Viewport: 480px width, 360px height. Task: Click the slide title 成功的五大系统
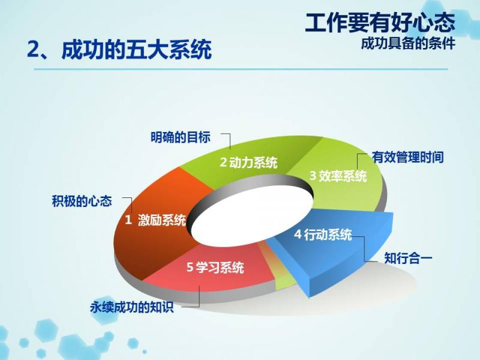coord(137,49)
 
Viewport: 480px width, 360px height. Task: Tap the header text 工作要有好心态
coord(380,23)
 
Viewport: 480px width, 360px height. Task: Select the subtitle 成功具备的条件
coord(408,43)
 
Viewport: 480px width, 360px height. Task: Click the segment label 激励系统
coord(162,220)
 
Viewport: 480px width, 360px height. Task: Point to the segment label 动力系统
coord(253,162)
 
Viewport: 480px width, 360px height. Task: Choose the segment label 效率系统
coord(343,176)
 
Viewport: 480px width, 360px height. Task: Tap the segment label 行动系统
coord(328,235)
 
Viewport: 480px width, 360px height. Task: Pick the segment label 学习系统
coord(220,267)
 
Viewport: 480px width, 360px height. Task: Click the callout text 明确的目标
coord(181,137)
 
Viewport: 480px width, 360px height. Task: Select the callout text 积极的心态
coord(82,201)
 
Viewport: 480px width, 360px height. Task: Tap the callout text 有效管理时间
coord(408,157)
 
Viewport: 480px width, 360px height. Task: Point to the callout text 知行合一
coord(408,258)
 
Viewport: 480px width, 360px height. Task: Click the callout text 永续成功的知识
coord(132,307)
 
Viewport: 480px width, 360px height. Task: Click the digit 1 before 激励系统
coord(128,220)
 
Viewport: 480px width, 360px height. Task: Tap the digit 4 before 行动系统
coord(298,235)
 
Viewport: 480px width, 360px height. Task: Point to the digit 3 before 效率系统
coord(313,176)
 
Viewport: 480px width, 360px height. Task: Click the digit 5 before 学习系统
coord(190,267)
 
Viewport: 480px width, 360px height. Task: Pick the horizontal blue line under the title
coord(241,69)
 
